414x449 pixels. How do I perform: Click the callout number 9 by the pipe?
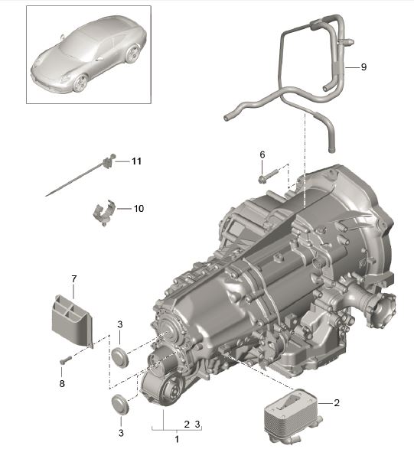[363, 67]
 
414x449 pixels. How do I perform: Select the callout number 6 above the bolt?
[262, 155]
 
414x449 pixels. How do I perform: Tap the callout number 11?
[136, 161]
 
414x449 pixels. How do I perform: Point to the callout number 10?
[138, 208]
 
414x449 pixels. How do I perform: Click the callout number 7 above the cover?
[74, 280]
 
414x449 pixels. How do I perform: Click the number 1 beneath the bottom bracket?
[177, 439]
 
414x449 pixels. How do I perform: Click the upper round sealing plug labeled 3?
[119, 356]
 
